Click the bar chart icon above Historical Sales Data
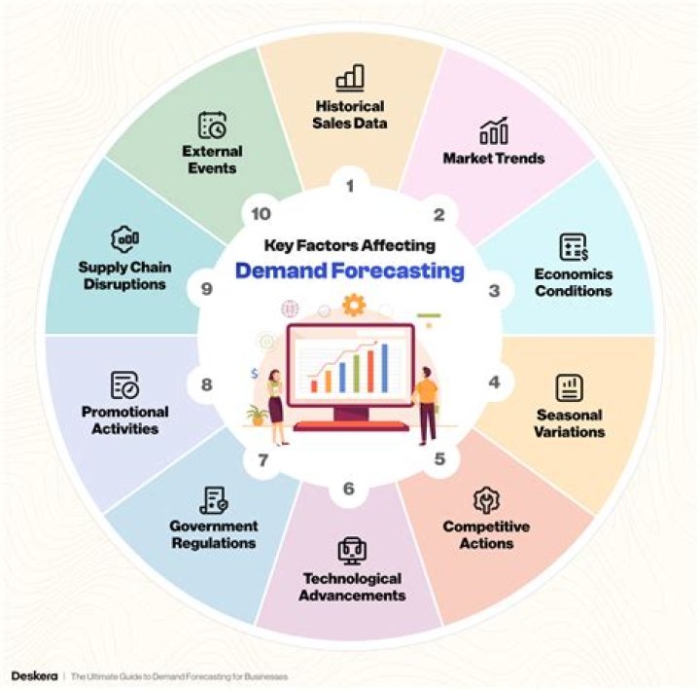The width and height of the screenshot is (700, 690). pyautogui.click(x=350, y=78)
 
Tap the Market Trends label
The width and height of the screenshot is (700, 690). pyautogui.click(x=494, y=159)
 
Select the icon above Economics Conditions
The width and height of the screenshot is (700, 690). pyautogui.click(x=574, y=247)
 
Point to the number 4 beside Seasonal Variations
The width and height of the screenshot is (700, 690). pyautogui.click(x=494, y=382)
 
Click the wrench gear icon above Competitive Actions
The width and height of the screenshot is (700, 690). pyautogui.click(x=486, y=500)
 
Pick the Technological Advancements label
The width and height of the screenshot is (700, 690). pyautogui.click(x=352, y=587)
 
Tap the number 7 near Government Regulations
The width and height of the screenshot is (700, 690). pyautogui.click(x=262, y=460)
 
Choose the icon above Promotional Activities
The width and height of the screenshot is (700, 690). pyautogui.click(x=124, y=384)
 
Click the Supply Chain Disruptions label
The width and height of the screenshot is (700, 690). pyautogui.click(x=124, y=275)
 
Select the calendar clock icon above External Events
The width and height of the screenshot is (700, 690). pyautogui.click(x=212, y=125)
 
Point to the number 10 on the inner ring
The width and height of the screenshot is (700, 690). pyautogui.click(x=261, y=214)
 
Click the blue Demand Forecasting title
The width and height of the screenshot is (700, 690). pyautogui.click(x=350, y=271)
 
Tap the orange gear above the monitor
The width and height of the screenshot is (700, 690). pyautogui.click(x=354, y=305)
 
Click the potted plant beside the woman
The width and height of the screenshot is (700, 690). pyautogui.click(x=258, y=416)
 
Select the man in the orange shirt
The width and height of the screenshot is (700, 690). pyautogui.click(x=426, y=406)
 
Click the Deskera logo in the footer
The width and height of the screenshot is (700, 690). pyautogui.click(x=34, y=675)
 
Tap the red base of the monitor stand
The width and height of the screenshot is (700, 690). pyautogui.click(x=351, y=426)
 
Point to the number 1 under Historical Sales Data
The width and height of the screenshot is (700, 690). pyautogui.click(x=350, y=186)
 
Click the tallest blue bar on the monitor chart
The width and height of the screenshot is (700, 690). pyautogui.click(x=385, y=368)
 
